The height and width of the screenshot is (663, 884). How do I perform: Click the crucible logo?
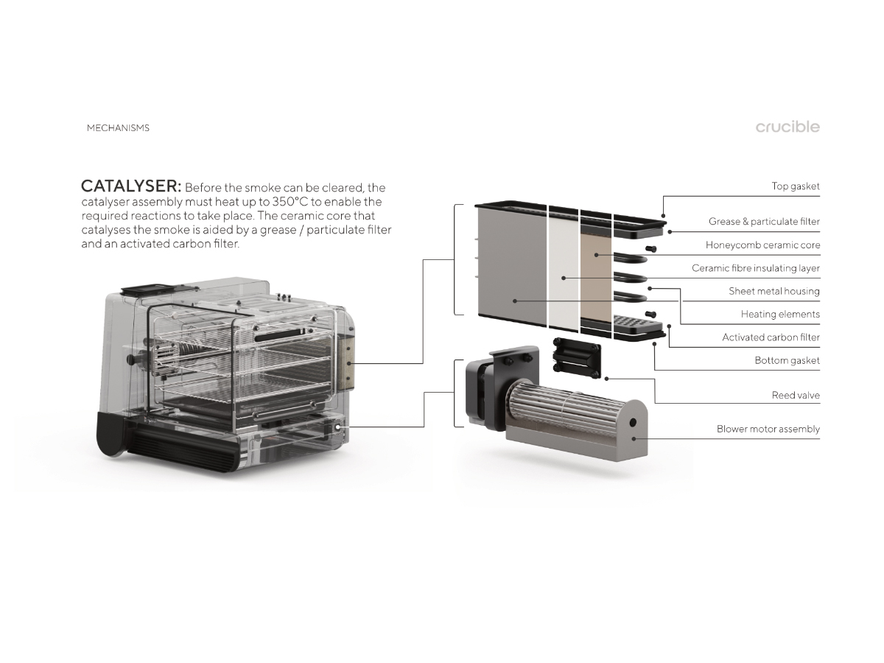pyautogui.click(x=787, y=127)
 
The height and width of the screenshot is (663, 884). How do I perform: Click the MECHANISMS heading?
pyautogui.click(x=118, y=128)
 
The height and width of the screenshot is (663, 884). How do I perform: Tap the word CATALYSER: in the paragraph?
pyautogui.click(x=131, y=186)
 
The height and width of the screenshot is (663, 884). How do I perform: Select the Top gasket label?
pyautogui.click(x=796, y=186)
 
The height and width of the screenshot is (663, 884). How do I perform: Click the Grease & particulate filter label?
pyautogui.click(x=764, y=222)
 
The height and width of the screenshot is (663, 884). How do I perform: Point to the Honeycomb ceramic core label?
pyautogui.click(x=762, y=245)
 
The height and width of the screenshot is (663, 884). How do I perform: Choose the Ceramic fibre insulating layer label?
pyautogui.click(x=756, y=268)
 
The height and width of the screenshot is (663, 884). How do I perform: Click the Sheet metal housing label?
pyautogui.click(x=774, y=291)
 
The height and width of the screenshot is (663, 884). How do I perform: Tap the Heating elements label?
pyautogui.click(x=780, y=314)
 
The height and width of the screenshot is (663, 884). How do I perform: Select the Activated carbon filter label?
pyautogui.click(x=771, y=337)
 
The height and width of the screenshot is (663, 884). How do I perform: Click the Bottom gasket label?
pyautogui.click(x=787, y=360)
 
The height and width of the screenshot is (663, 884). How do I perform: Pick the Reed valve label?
pyautogui.click(x=796, y=396)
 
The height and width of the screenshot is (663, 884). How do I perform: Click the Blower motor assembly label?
pyautogui.click(x=768, y=429)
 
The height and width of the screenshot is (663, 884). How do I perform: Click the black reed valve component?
pyautogui.click(x=577, y=358)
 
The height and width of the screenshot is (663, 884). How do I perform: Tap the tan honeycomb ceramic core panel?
pyautogui.click(x=596, y=278)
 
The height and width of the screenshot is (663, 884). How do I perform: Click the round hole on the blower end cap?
pyautogui.click(x=632, y=423)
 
